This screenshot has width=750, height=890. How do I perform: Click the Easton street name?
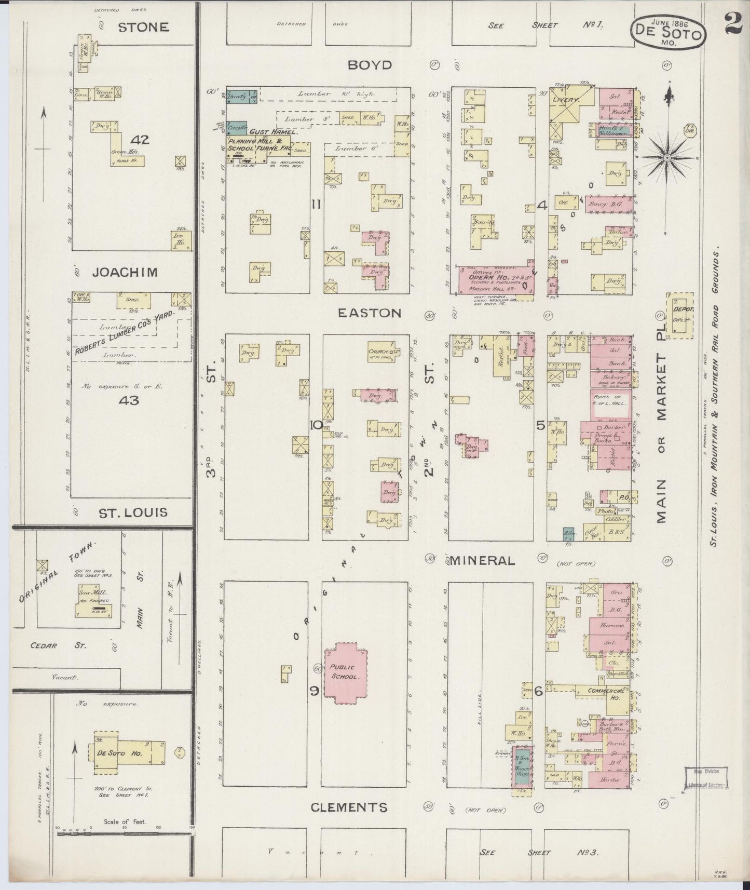370,313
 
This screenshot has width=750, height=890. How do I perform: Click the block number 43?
128,400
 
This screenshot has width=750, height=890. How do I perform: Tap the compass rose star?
667,156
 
